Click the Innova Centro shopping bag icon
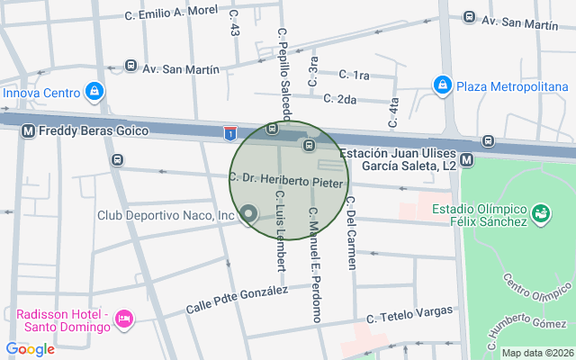(x=94, y=91)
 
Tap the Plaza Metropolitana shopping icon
(x=442, y=86)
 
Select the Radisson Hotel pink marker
(x=124, y=319)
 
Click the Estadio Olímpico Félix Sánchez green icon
(x=541, y=214)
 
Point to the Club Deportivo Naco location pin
(x=248, y=215)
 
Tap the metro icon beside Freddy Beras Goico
(x=28, y=130)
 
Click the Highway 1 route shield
(x=231, y=133)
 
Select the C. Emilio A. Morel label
(x=171, y=13)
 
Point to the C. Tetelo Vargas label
(x=409, y=314)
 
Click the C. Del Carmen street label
(x=350, y=232)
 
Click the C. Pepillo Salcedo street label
(x=284, y=72)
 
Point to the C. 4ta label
(x=393, y=111)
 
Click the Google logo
(x=30, y=349)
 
